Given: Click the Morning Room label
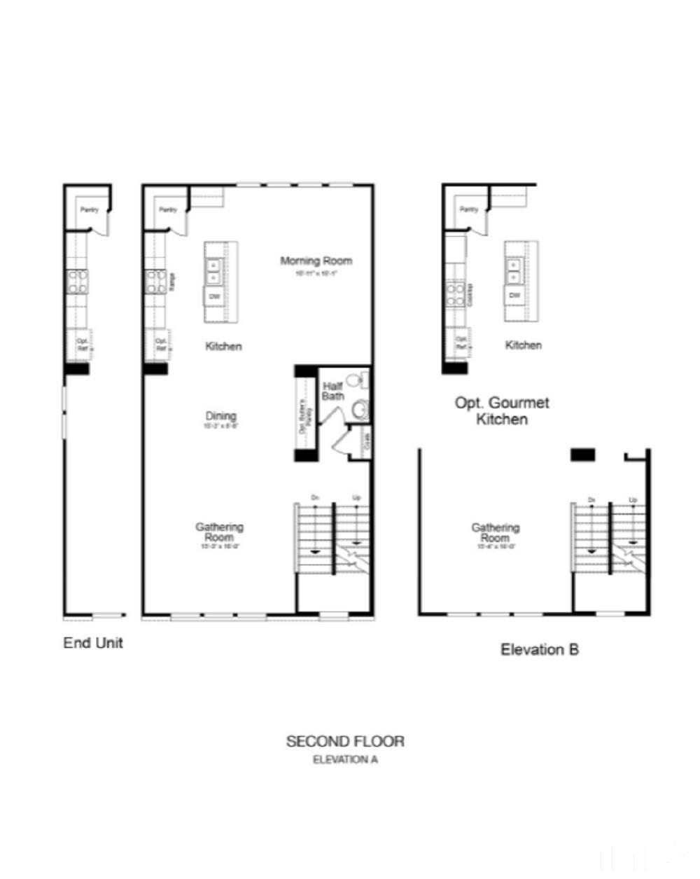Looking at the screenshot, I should click(x=316, y=261).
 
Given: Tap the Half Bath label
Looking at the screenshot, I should click(x=333, y=391).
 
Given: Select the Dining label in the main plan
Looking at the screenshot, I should click(x=220, y=416).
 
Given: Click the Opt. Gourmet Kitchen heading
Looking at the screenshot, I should click(x=502, y=411).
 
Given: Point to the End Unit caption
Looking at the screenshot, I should click(x=93, y=643).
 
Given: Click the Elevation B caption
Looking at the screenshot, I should click(x=540, y=650).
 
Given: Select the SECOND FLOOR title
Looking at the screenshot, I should click(x=345, y=741).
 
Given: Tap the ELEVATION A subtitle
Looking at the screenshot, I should click(x=345, y=760).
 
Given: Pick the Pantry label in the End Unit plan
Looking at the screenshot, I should click(x=89, y=209).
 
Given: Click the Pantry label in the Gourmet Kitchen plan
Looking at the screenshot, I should click(x=469, y=209).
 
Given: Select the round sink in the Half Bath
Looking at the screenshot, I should click(x=360, y=408).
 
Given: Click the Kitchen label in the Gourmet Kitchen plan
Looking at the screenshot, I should click(x=524, y=345).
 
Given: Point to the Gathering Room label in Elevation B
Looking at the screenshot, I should click(x=496, y=533).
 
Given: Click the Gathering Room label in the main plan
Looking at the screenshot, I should click(x=219, y=532).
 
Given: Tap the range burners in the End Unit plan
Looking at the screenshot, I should click(x=77, y=282).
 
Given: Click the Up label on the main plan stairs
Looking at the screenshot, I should click(x=357, y=498).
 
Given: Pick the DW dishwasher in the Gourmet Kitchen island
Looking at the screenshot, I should click(x=515, y=296).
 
